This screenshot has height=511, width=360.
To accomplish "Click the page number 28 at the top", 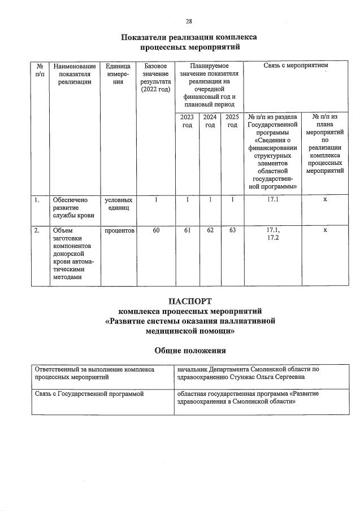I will [189, 21].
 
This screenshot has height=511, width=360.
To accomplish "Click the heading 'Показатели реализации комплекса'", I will [189, 37].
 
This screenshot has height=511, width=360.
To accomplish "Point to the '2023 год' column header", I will [187, 121].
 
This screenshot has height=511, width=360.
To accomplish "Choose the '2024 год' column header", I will [210, 121].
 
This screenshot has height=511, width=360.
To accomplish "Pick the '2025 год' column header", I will [232, 121].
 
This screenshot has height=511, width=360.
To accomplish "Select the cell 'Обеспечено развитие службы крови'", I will [72, 207].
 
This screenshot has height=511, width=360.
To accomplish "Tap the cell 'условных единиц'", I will [119, 204].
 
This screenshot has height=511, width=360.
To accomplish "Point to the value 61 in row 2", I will [187, 230].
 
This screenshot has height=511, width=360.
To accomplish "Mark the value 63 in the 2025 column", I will [232, 230].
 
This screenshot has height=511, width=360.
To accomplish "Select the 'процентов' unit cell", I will [119, 230].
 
